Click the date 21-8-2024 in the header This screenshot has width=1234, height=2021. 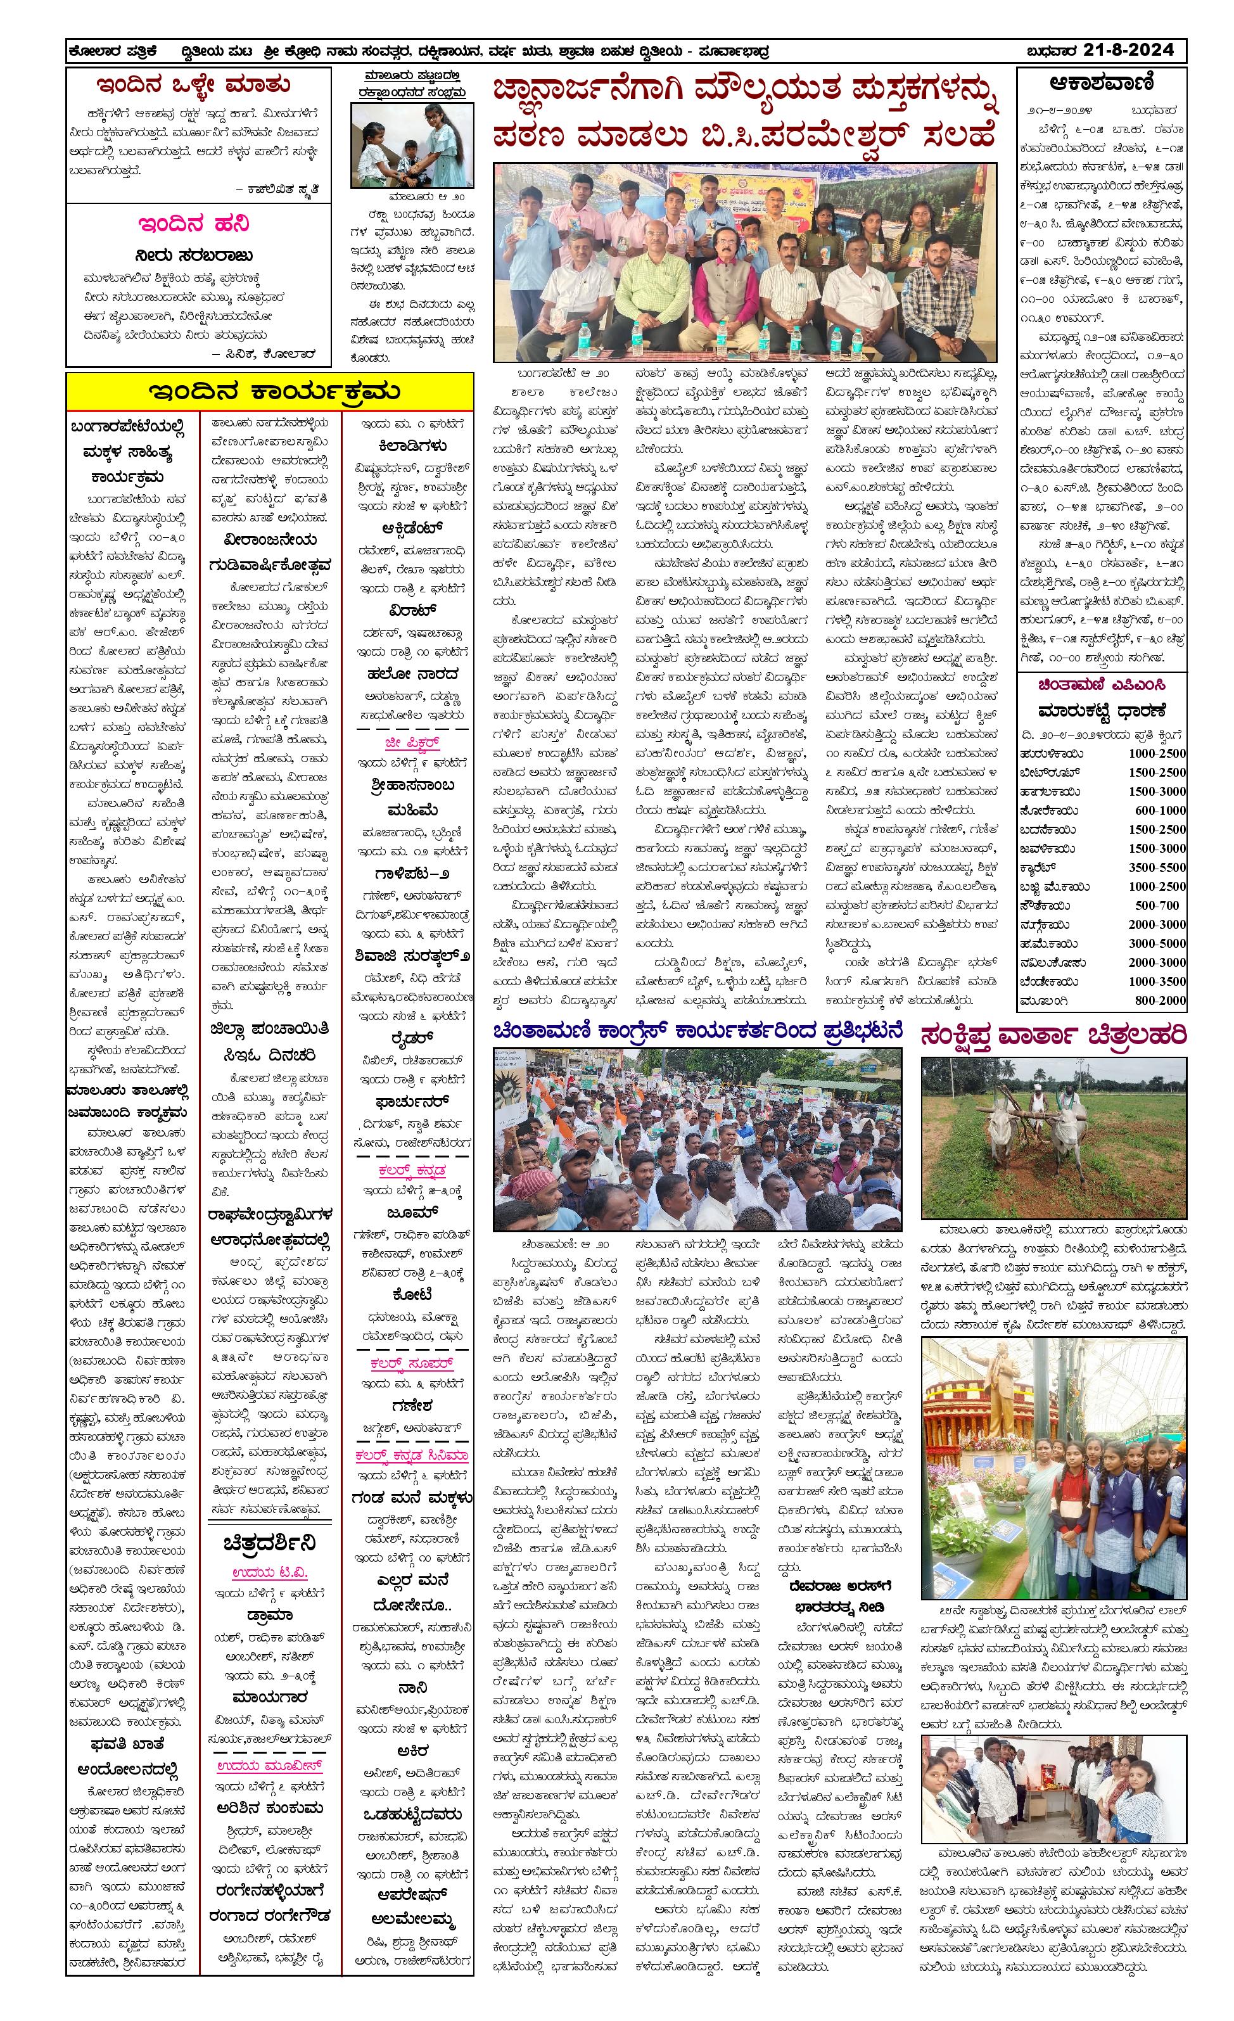(x=1128, y=50)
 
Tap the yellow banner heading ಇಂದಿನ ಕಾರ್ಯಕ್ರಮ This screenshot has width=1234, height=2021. (x=270, y=392)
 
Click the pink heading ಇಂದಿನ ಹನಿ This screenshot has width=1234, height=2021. (x=193, y=224)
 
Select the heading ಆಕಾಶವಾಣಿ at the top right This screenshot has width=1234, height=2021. (x=1101, y=83)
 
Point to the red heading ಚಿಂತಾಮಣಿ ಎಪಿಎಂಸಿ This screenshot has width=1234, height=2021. (x=1101, y=684)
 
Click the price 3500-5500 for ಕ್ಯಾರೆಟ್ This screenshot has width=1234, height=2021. (x=1156, y=867)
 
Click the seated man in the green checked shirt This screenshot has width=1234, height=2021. (x=652, y=287)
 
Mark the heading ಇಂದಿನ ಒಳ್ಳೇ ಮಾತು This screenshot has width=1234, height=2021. (x=193, y=84)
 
